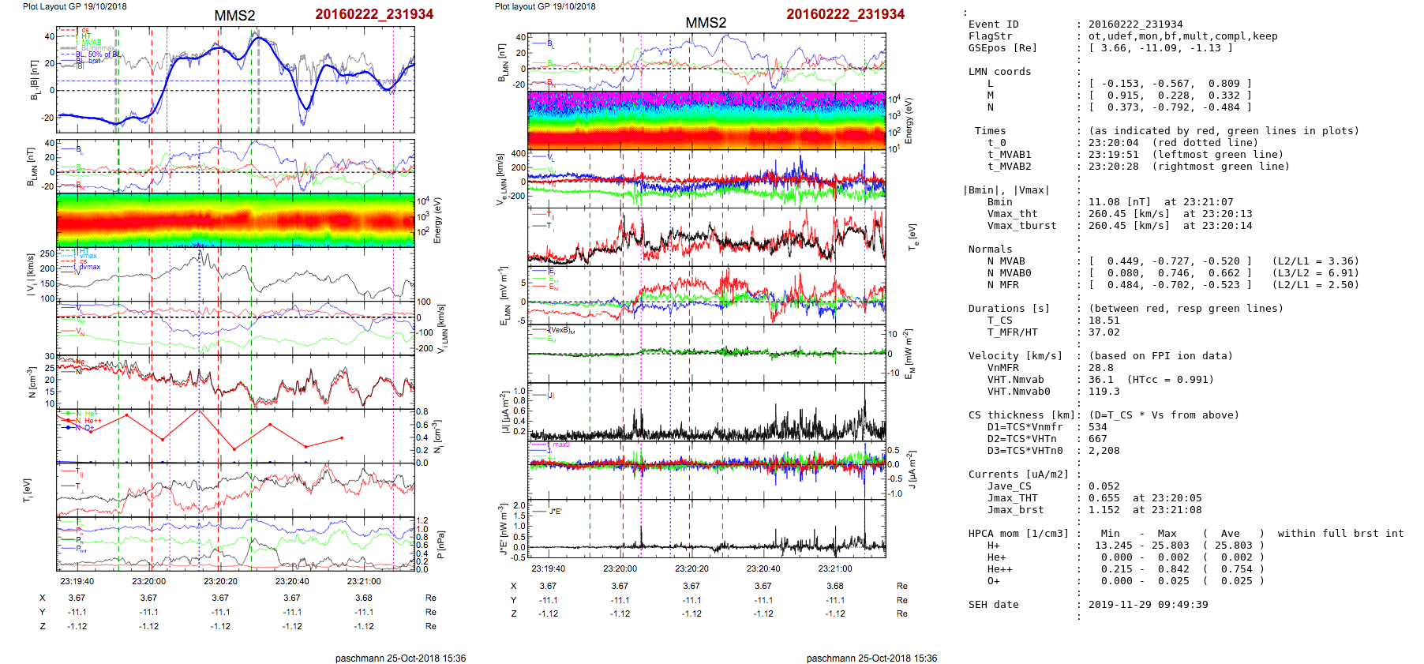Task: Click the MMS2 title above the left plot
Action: (234, 15)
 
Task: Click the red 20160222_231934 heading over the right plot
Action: (845, 14)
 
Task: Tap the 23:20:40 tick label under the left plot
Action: (292, 581)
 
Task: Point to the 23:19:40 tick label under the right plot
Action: (548, 568)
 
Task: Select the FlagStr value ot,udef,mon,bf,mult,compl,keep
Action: (1182, 36)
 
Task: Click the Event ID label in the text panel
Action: (993, 24)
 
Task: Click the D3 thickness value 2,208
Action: (1104, 451)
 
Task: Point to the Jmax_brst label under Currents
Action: (1012, 510)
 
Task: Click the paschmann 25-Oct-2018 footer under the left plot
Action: (400, 658)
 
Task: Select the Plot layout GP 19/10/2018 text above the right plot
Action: (545, 6)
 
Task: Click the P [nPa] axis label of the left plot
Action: (439, 545)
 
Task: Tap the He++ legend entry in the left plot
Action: (92, 421)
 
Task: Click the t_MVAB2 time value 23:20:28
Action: (1113, 167)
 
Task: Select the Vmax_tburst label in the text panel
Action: (1021, 226)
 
